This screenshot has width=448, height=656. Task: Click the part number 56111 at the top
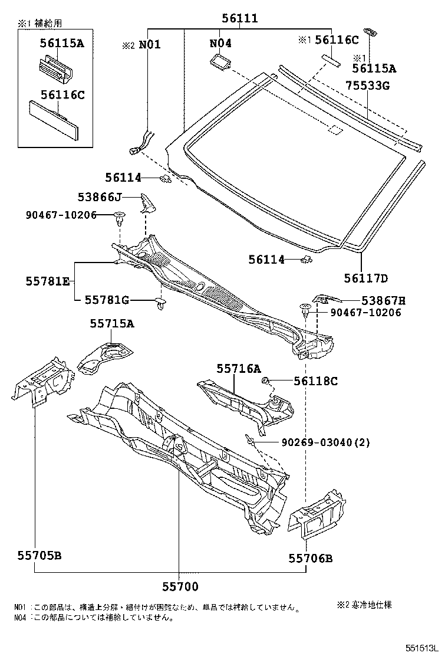click(239, 18)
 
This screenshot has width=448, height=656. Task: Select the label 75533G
click(367, 86)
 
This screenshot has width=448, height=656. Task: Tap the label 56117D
click(367, 278)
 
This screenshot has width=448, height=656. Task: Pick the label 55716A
click(238, 368)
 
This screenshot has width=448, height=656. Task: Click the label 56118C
click(315, 381)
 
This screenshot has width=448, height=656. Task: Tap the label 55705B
click(39, 555)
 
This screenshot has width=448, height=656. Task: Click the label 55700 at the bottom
click(180, 586)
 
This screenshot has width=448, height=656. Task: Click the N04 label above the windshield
click(220, 43)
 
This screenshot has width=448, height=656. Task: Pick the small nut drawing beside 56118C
click(266, 380)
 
